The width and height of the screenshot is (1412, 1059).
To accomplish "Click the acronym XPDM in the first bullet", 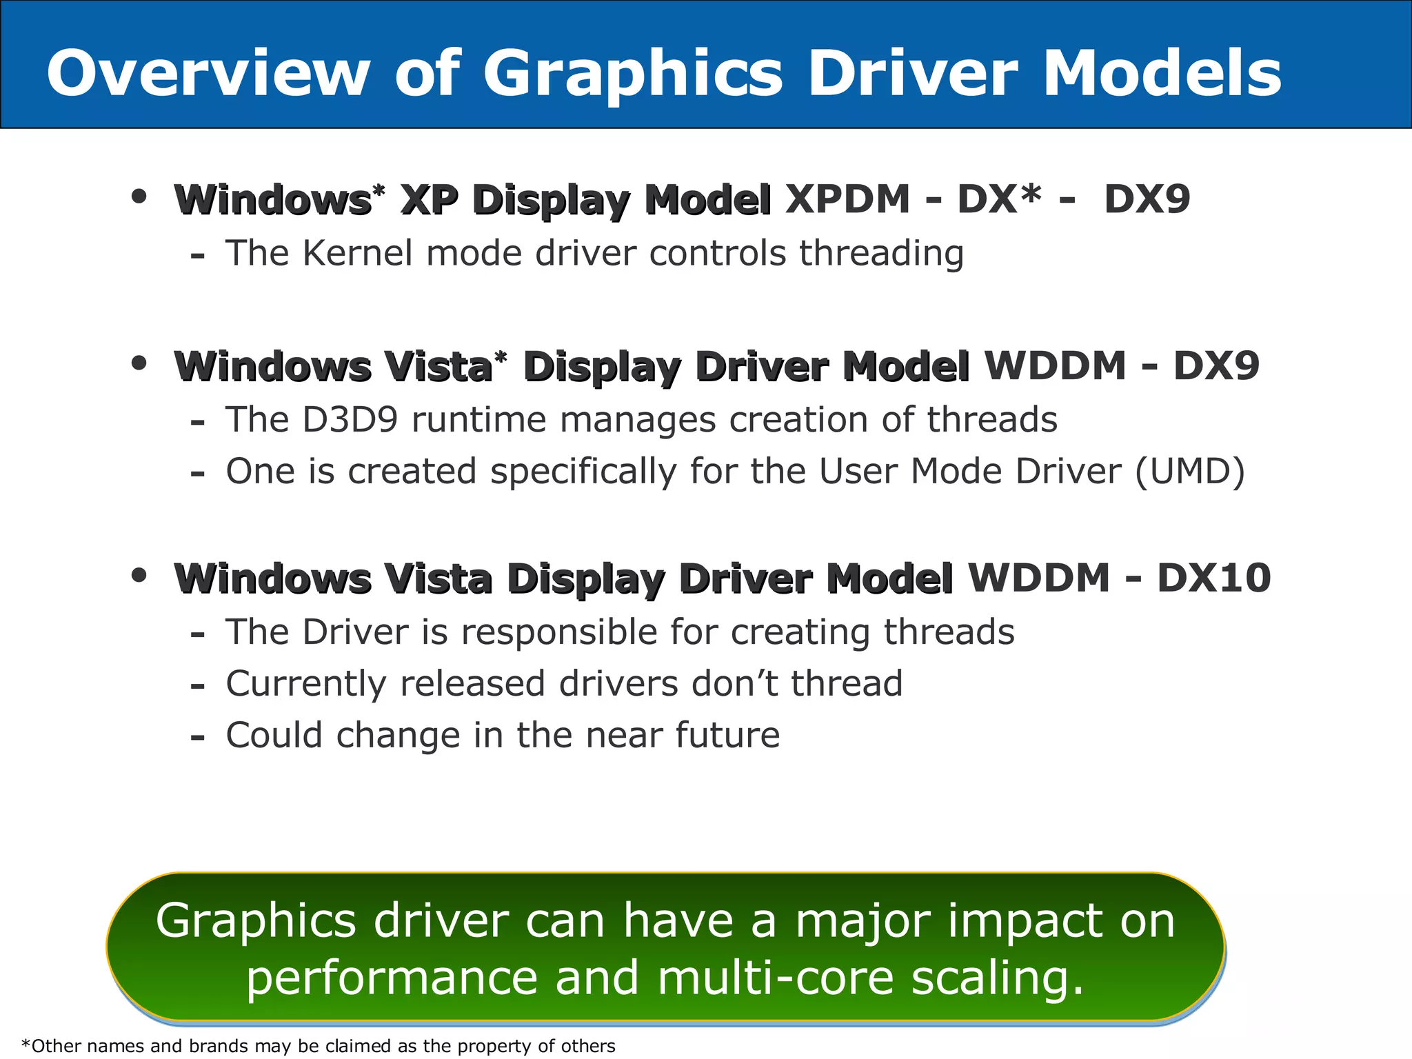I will pyautogui.click(x=847, y=199).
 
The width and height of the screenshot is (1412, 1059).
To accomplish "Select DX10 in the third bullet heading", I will pyautogui.click(x=1213, y=578).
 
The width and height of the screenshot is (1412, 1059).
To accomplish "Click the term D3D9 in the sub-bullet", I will pyautogui.click(x=350, y=420).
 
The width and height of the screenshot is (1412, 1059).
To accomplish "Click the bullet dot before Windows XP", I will pyautogui.click(x=139, y=197).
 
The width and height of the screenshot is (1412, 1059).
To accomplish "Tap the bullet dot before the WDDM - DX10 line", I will pyautogui.click(x=139, y=575).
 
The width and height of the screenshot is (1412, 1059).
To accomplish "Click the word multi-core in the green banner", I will pyautogui.click(x=776, y=978).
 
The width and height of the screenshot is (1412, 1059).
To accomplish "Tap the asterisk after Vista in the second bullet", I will pyautogui.click(x=501, y=357).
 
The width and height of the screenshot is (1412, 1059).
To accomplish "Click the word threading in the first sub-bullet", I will pyautogui.click(x=881, y=254).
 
